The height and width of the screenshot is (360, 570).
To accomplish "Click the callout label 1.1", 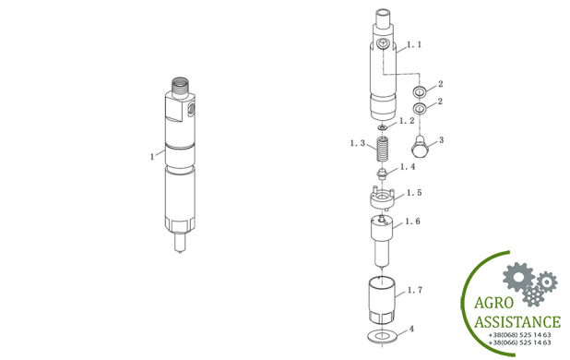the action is coord(414,44).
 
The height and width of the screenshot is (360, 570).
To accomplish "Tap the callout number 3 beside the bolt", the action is coord(441,140).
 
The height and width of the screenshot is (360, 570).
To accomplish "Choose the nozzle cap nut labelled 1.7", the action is coord(382,301).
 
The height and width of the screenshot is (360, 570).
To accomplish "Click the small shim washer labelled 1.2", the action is coord(382,127).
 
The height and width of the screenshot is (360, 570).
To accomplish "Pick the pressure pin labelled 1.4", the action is coord(382,174).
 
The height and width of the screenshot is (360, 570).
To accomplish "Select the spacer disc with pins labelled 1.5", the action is coord(382,198).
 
